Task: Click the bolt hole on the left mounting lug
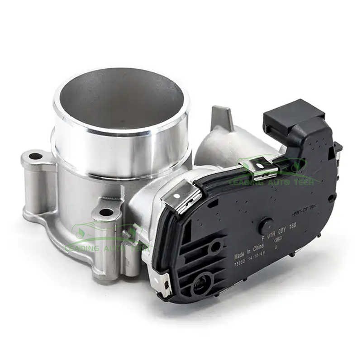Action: point(35,157)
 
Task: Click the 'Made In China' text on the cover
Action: point(248,252)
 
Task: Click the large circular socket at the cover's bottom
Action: point(200,285)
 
